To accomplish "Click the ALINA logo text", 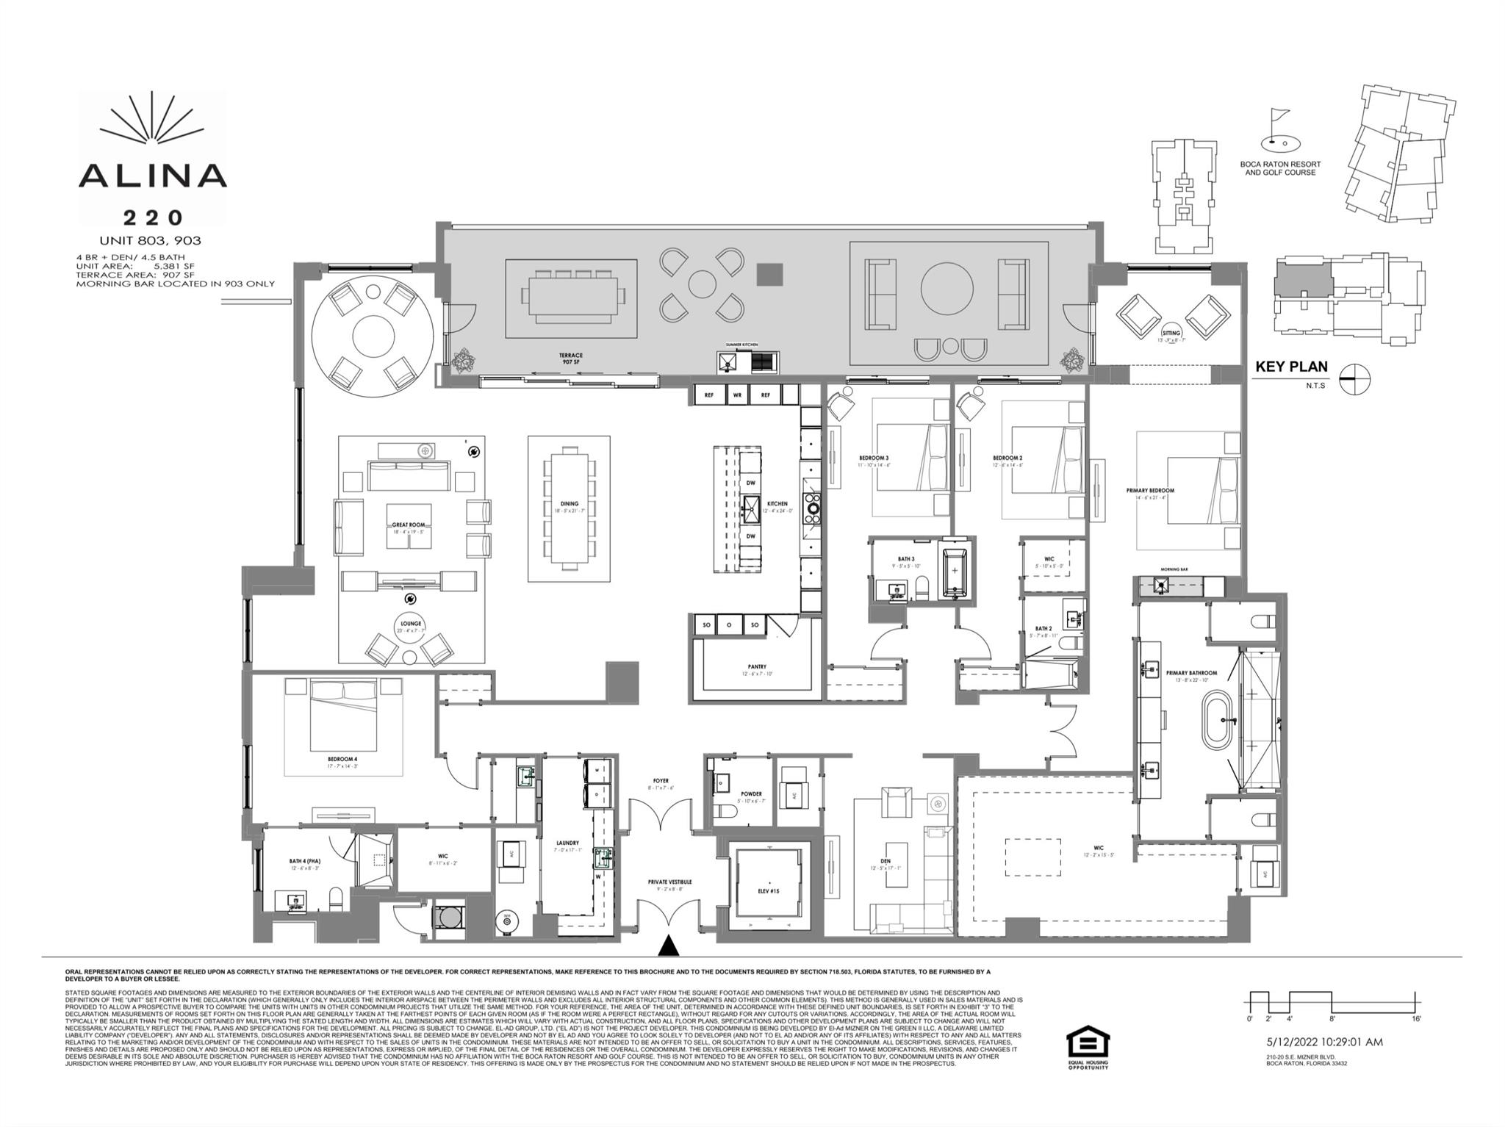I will pos(152,175).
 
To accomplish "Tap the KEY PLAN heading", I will pos(1291,367).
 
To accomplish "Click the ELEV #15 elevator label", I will pos(769,891).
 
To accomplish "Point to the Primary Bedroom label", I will pos(1150,491).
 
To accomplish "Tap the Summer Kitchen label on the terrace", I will pos(741,345).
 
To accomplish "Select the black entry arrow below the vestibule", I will pos(668,946).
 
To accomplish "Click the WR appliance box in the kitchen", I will pos(737,395).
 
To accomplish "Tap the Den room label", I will pos(885,864).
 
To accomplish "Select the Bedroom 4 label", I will pos(342,760).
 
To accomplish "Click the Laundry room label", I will pos(567,843).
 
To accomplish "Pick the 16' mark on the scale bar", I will pos(1415,1019).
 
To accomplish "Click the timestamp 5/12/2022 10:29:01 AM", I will pos(1324,1042).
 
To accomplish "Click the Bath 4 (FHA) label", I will pos(304,861).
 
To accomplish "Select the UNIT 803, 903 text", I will pos(150,241).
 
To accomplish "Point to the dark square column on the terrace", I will pos(770,275).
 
